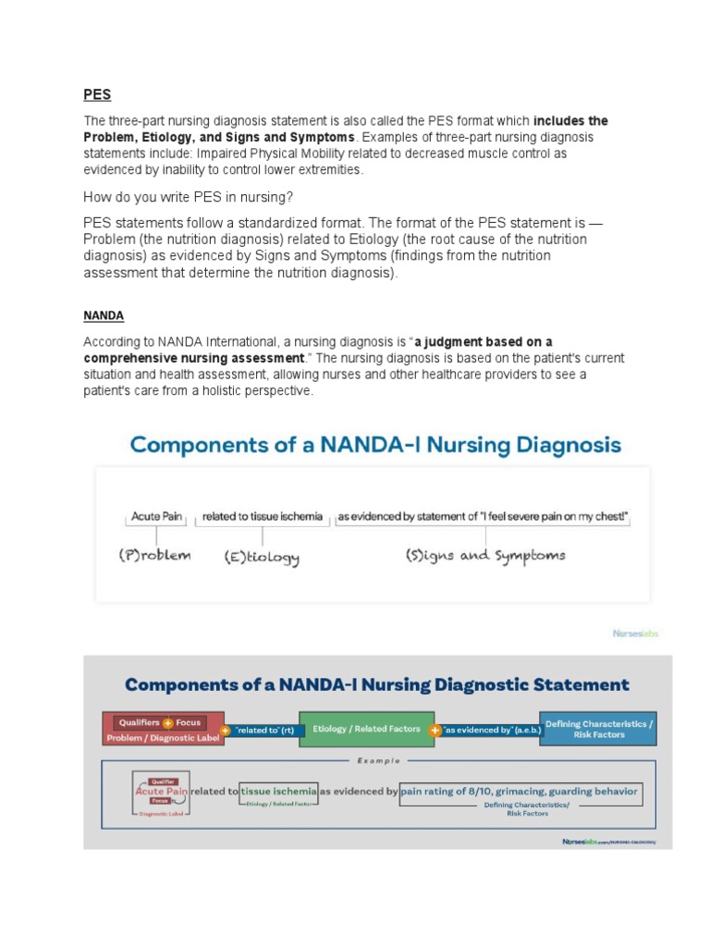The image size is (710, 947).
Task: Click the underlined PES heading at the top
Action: [x=97, y=94]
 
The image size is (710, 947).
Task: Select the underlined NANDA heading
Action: [x=104, y=315]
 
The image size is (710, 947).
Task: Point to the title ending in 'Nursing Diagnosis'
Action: [x=374, y=444]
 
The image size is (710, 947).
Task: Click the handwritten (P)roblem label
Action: [x=154, y=556]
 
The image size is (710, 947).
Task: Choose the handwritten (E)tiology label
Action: [x=262, y=557]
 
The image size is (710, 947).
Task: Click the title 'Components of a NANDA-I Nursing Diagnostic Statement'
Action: [x=376, y=685]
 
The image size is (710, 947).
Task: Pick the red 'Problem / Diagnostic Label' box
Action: [x=163, y=729]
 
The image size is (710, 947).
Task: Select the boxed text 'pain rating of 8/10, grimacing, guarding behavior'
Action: [x=519, y=792]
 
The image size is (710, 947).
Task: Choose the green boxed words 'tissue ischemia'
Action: [x=279, y=792]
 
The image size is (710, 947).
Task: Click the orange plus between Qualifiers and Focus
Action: [x=168, y=722]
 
